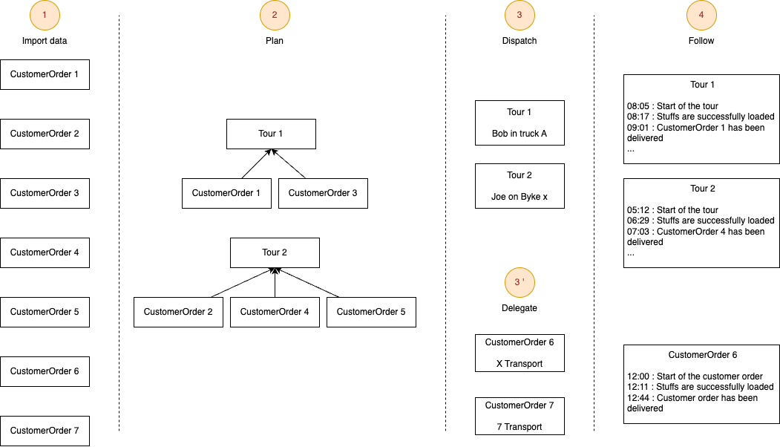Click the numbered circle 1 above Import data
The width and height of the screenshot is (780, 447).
coord(45,15)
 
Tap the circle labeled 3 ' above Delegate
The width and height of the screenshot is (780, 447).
coord(520,282)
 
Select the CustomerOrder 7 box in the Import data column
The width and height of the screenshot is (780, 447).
coord(45,431)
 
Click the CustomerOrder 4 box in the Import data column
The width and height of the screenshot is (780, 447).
coord(45,252)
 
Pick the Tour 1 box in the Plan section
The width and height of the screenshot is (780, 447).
coord(271,134)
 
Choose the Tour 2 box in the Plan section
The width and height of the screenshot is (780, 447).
coord(275,252)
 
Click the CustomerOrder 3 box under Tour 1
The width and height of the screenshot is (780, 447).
coord(323,193)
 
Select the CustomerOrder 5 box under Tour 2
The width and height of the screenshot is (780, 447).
coord(371,312)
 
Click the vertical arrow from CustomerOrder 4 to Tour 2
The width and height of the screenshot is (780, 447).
coord(275,284)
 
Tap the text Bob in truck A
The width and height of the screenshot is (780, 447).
coord(520,134)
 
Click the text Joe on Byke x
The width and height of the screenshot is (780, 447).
coord(520,197)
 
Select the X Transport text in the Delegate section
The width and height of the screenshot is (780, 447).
coord(520,364)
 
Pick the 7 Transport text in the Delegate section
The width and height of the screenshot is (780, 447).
coord(520,427)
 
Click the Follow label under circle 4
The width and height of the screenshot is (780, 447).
coord(701,41)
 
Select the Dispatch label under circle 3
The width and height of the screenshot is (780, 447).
coord(520,41)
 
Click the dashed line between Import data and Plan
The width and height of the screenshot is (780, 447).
coord(119,223)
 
